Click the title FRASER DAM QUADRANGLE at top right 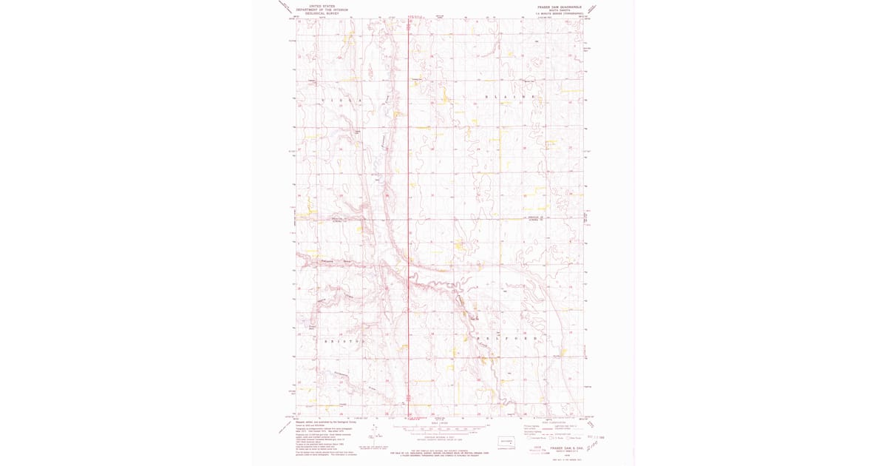point(560,7)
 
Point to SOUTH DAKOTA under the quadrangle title point(560,10)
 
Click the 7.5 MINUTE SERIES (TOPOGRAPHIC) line point(560,14)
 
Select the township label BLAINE point(508,97)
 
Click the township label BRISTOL point(344,341)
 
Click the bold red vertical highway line point(409,185)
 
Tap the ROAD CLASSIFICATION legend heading point(561,422)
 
